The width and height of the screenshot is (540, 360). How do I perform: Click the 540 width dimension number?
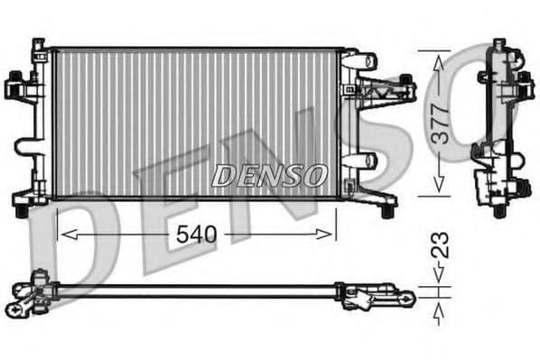coord(195,235)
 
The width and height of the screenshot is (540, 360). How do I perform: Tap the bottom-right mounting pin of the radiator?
coord(387,209)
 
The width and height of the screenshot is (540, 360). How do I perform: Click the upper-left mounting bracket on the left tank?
coord(18,88)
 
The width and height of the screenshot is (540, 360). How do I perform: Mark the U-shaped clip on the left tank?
coord(29,149)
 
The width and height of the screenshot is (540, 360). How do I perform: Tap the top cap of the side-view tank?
coord(498,45)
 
